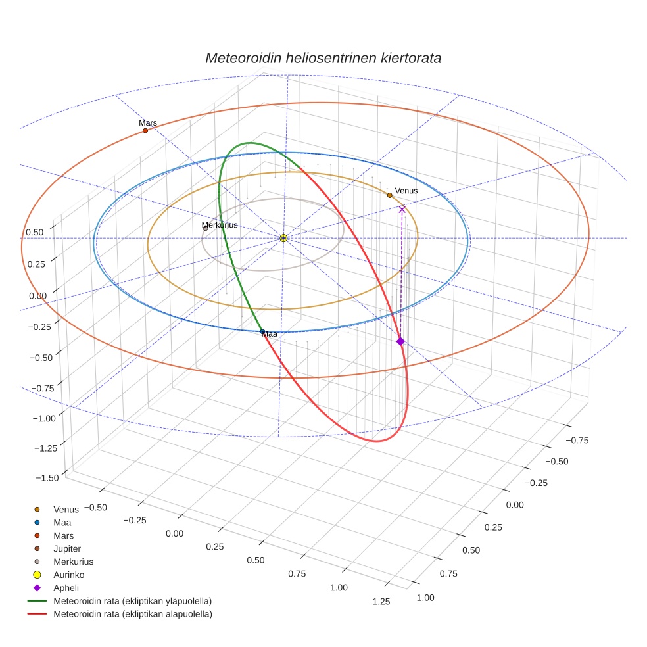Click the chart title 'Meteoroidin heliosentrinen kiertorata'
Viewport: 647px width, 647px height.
323,58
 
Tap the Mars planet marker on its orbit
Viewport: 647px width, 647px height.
145,131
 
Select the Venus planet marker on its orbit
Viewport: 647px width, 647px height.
390,195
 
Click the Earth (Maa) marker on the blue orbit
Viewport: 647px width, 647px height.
263,331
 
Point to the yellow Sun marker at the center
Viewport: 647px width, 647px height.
283,238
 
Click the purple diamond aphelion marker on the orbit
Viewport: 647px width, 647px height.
400,341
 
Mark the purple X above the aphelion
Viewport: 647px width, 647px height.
402,209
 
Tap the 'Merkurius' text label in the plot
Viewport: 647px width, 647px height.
220,225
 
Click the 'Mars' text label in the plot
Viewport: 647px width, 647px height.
148,122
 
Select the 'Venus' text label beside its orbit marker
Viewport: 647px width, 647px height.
406,191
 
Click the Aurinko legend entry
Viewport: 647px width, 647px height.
68,575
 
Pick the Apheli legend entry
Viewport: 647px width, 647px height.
66,588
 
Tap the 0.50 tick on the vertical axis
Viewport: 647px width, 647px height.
35,232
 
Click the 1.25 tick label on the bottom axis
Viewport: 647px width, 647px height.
381,601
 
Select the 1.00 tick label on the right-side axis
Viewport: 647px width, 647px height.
425,597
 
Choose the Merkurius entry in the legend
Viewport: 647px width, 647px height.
73,562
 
